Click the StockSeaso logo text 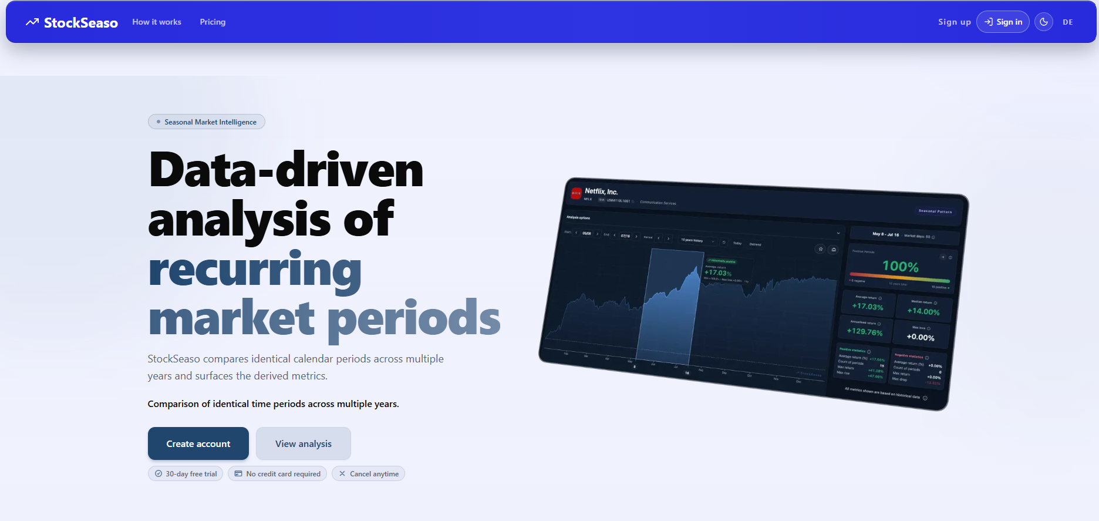click(x=80, y=22)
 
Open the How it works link click(x=157, y=22)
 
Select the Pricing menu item click(x=213, y=22)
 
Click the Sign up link click(x=954, y=22)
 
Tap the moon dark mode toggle click(x=1043, y=22)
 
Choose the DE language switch click(x=1067, y=22)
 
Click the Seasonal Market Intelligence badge click(x=207, y=122)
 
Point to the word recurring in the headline click(x=255, y=269)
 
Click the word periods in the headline click(x=413, y=318)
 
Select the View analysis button click(x=303, y=443)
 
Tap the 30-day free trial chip click(x=186, y=473)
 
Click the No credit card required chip click(x=277, y=473)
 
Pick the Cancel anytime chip click(x=368, y=473)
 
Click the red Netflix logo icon click(x=576, y=193)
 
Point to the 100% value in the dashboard click(x=901, y=266)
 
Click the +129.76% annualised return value click(x=864, y=331)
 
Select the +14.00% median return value click(x=923, y=311)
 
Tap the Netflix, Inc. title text click(x=601, y=191)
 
